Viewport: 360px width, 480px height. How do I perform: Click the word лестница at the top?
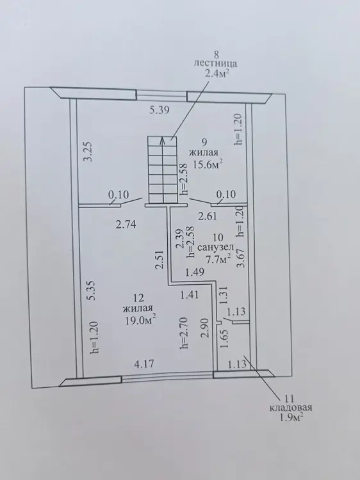coord(216,63)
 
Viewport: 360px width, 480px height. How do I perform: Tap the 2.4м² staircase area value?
coord(217,74)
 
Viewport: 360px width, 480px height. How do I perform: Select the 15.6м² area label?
coord(208,164)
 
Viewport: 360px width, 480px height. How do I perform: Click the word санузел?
coord(215,247)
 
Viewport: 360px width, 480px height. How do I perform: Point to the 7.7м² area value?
coord(218,260)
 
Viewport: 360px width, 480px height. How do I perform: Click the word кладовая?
coord(290,408)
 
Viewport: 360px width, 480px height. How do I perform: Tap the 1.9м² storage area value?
coord(291,418)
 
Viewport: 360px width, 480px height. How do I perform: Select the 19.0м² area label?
coord(140,321)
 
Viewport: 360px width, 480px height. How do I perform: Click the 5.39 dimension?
coord(160,110)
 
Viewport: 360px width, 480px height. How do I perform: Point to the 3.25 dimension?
coord(88,152)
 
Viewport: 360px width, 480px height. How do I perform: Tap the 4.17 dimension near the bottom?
coord(144,364)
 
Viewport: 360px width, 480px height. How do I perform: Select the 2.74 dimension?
coord(126,225)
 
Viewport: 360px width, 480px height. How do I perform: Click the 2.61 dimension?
coord(208,216)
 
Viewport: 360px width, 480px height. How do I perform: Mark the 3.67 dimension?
coord(242,259)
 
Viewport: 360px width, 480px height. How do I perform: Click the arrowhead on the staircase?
coord(162,140)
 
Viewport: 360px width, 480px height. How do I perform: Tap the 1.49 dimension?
coord(195,272)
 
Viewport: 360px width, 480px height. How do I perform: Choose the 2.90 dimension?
coord(205,328)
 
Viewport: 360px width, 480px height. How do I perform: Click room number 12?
coord(138,297)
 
